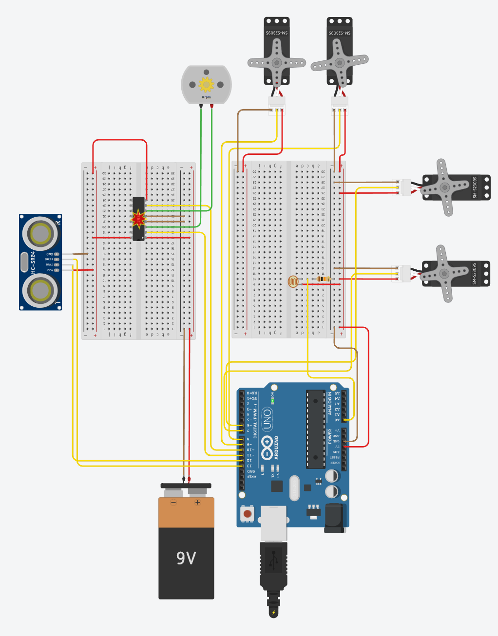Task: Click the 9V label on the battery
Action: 186,558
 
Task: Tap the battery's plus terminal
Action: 197,502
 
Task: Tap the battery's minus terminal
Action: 173,502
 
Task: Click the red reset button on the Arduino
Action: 248,514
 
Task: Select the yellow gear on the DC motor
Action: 206,84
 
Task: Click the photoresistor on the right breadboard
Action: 293,281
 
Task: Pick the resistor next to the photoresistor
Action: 322,279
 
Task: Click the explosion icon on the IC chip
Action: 139,219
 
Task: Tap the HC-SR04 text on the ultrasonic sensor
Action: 33,262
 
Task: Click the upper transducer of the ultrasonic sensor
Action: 41,233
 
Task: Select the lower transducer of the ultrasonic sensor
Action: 41,290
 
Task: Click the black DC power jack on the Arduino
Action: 335,518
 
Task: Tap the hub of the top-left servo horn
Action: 277,62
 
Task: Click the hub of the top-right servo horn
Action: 339,62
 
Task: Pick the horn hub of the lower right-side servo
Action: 444,274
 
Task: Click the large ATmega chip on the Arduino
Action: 316,429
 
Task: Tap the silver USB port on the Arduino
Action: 274,523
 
